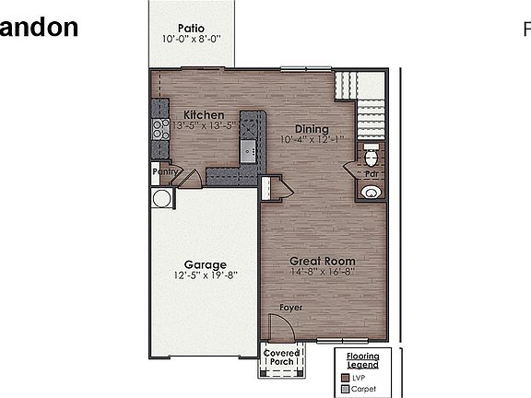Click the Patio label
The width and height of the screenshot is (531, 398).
click(x=192, y=28)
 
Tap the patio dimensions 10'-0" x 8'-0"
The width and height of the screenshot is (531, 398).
click(x=192, y=40)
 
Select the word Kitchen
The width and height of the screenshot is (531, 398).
click(x=203, y=114)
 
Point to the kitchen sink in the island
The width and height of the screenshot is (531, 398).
click(x=247, y=149)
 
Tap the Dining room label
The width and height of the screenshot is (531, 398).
click(x=312, y=128)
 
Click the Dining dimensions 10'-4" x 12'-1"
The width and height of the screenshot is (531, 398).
click(x=312, y=140)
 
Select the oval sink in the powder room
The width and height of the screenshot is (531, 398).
click(x=372, y=192)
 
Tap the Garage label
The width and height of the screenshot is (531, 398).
click(x=205, y=264)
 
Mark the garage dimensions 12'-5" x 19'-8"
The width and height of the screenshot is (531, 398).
click(x=205, y=275)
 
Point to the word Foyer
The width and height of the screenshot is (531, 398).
click(x=291, y=307)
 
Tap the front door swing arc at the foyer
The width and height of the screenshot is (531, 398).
click(x=278, y=325)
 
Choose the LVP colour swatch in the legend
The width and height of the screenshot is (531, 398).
click(x=345, y=376)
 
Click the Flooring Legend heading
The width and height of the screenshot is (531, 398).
click(x=362, y=359)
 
